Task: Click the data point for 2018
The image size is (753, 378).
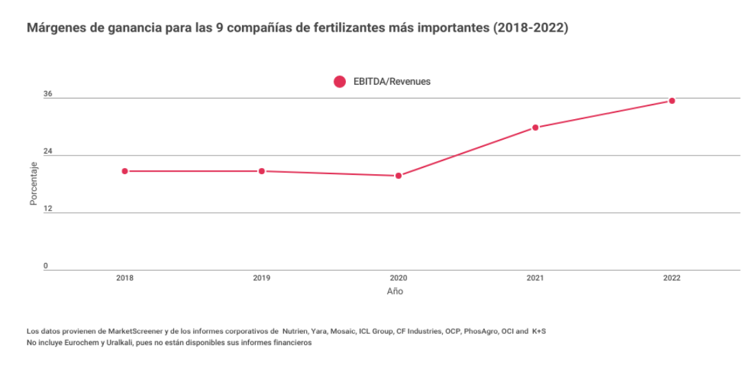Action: [125, 171]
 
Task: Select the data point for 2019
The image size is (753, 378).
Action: [262, 171]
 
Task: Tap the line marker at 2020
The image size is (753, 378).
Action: [398, 176]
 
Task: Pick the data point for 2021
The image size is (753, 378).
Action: [535, 127]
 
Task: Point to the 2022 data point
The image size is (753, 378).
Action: [672, 101]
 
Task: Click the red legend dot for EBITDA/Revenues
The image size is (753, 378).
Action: [340, 81]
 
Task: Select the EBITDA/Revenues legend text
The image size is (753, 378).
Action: [391, 81]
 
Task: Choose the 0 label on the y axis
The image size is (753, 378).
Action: [46, 266]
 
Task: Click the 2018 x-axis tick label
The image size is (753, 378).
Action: [125, 278]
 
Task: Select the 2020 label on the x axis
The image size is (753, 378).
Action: [398, 278]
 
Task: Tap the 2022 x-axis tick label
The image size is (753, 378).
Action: [672, 278]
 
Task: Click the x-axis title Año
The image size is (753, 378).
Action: [395, 291]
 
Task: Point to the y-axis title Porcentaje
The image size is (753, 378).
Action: [34, 183]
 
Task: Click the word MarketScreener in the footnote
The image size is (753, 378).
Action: [110, 332]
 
